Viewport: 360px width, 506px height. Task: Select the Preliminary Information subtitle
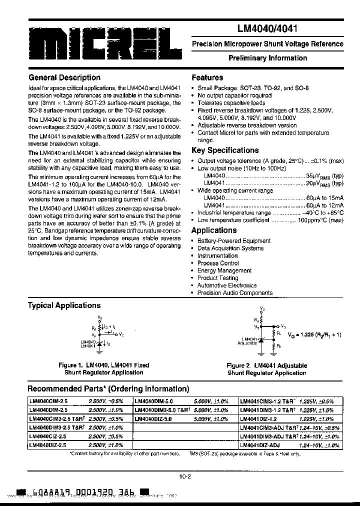point(267,58)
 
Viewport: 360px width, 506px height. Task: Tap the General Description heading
point(64,77)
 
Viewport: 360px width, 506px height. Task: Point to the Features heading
point(207,77)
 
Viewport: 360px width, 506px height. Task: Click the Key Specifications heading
point(225,150)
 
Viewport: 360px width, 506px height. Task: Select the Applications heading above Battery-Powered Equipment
point(214,230)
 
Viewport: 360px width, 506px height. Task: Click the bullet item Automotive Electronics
point(226,285)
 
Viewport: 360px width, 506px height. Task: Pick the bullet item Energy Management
point(224,270)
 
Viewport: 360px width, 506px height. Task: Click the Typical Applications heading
point(64,305)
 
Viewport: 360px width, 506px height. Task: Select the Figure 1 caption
point(103,369)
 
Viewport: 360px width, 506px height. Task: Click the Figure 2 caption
point(266,369)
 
